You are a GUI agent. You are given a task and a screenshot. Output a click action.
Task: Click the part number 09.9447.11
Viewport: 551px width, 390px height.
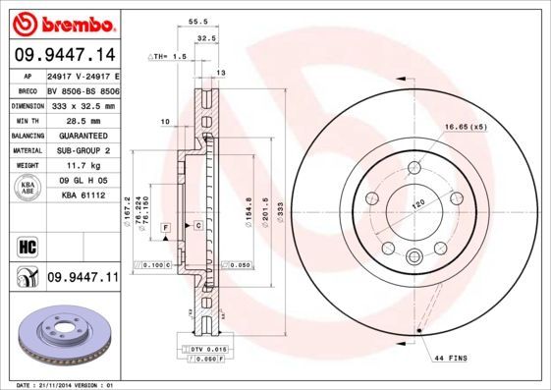[x=82, y=278]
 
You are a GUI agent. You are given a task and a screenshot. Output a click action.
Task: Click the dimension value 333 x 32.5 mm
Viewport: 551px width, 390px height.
[x=82, y=104]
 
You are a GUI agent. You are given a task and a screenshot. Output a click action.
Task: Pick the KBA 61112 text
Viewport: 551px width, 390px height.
[x=82, y=194]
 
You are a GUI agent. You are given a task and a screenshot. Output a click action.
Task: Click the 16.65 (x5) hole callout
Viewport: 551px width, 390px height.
[x=465, y=128]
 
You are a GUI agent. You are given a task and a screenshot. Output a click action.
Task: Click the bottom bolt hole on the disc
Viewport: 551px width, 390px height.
[x=413, y=258]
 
